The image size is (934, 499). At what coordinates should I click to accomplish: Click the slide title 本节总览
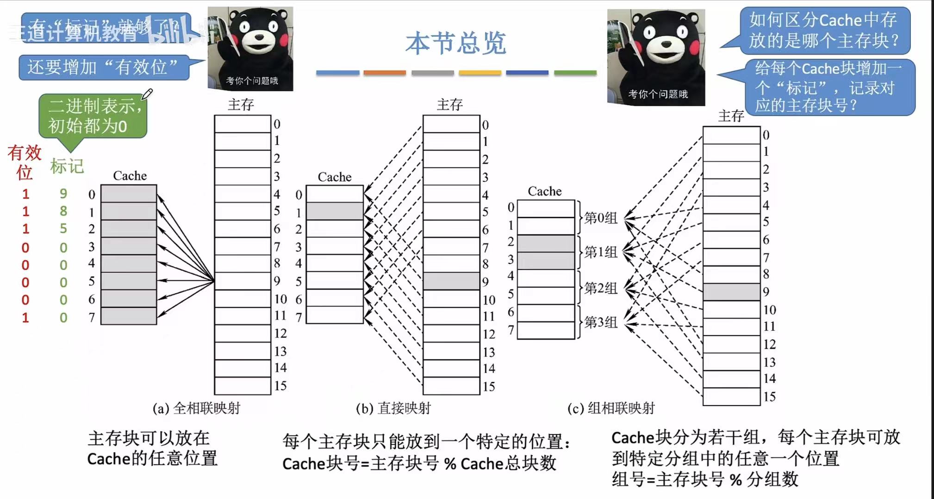pos(455,43)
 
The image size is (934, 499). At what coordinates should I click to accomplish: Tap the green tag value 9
pos(63,193)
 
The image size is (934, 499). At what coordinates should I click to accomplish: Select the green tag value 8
pos(63,211)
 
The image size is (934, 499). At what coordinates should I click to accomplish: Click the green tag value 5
pos(63,228)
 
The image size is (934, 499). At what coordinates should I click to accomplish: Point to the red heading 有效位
pos(24,162)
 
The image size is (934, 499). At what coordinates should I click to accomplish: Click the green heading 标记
pos(67,166)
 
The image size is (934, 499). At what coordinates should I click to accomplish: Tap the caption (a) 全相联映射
pos(197,408)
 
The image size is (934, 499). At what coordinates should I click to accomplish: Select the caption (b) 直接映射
pos(393,408)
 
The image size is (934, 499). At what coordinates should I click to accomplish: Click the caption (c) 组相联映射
pos(611,408)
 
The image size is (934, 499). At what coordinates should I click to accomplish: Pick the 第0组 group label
pos(601,217)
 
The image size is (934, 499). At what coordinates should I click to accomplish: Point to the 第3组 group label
pos(601,322)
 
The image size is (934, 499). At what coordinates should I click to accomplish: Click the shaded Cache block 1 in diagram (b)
pos(335,211)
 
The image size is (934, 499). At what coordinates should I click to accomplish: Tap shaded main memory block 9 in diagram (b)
pos(451,281)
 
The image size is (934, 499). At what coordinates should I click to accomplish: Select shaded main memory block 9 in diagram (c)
pos(731,292)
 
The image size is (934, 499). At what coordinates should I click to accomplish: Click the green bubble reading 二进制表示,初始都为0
pos(93,116)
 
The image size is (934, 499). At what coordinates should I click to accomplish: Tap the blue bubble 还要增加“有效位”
pos(104,68)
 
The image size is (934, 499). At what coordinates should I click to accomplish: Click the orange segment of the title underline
pos(385,73)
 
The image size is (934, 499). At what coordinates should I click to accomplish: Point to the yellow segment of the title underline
pos(480,73)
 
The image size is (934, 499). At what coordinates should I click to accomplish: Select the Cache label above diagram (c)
pos(545,191)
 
